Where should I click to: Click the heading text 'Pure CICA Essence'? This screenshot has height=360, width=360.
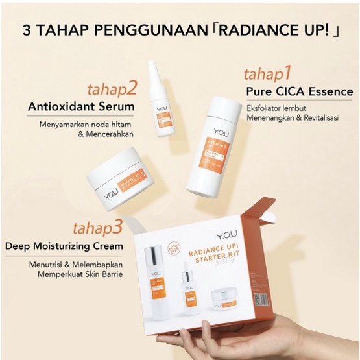299,91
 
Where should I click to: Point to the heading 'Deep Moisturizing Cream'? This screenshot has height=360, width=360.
65,246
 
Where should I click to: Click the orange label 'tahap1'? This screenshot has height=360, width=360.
271,71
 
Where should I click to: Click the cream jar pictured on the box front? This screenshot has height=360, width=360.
226,300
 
